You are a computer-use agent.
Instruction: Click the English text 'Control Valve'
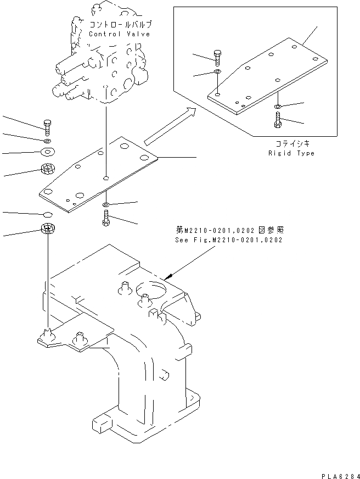click(120, 34)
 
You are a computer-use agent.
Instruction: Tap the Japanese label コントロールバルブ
click(120, 25)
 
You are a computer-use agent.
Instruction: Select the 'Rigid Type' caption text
click(291, 153)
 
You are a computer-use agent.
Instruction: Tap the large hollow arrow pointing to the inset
click(170, 127)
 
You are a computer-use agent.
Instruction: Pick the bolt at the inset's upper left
click(218, 57)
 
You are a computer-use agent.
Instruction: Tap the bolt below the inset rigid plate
click(278, 120)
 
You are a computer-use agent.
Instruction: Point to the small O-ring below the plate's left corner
click(48, 214)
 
